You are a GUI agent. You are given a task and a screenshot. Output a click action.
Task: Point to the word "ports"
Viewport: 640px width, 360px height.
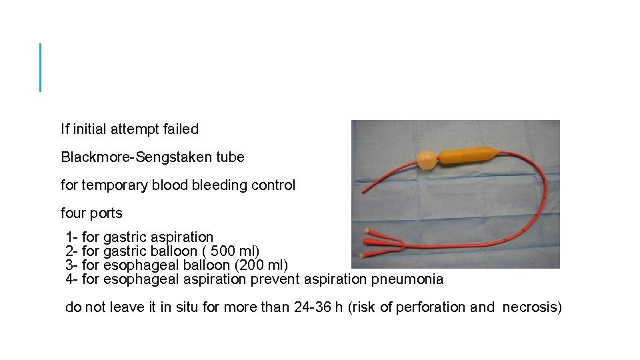(107, 213)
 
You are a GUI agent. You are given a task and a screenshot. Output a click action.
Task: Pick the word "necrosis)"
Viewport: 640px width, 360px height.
(532, 307)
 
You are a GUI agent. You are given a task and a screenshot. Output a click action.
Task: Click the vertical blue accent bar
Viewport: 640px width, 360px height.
(41, 67)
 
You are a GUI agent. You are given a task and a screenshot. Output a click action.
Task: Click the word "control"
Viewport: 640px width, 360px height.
(273, 185)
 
